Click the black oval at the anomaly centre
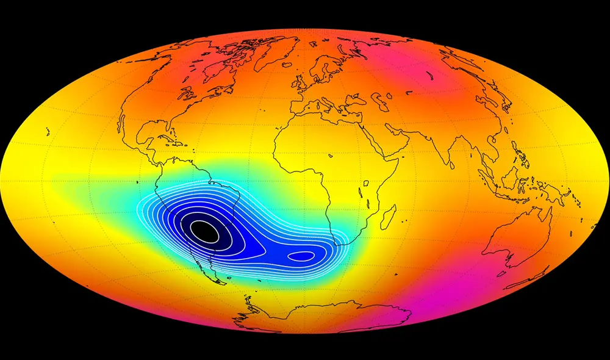203,231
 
